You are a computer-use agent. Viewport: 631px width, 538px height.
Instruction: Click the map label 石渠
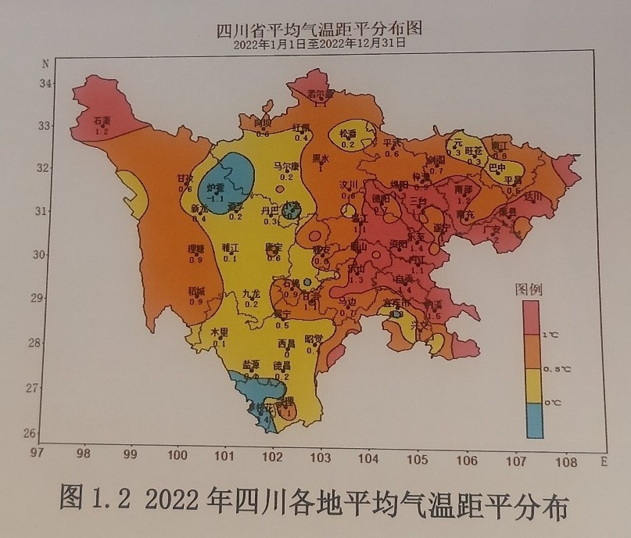(102, 121)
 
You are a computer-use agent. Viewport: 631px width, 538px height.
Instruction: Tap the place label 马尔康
(286, 166)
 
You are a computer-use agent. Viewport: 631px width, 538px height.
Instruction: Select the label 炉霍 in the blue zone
(215, 188)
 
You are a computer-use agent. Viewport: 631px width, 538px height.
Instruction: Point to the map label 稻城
(195, 291)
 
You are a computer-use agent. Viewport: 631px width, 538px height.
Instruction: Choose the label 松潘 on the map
(348, 134)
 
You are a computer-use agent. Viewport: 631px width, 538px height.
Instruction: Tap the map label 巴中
(497, 167)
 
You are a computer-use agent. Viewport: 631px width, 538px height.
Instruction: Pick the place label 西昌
(286, 343)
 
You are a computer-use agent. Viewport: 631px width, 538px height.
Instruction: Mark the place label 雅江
(231, 247)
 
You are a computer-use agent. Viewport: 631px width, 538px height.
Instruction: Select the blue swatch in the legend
(535, 421)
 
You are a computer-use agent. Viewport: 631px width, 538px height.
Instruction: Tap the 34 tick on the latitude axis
(45, 83)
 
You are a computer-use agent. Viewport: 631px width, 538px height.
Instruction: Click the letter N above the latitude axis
(46, 62)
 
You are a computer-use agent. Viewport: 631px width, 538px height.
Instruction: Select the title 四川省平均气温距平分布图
(319, 30)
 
